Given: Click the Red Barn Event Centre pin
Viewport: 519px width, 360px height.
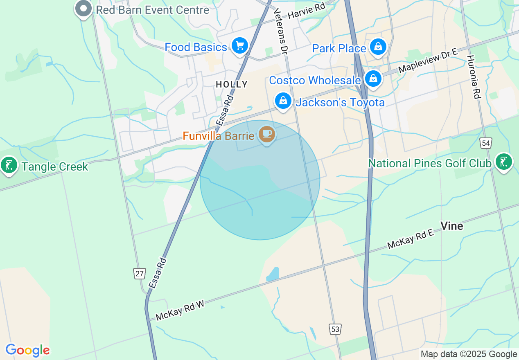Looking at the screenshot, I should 83,9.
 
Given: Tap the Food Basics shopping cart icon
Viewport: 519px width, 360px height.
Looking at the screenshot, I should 240,46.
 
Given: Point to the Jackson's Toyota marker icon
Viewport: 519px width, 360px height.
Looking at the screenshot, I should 283,100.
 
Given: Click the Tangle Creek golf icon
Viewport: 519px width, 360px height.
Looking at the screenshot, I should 9,165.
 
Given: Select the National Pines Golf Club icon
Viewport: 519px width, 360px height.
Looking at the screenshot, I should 504,162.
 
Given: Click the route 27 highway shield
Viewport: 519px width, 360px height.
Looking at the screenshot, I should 140,273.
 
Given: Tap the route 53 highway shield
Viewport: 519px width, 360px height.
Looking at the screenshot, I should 335,329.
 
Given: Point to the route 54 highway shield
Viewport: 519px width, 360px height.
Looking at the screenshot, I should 486,143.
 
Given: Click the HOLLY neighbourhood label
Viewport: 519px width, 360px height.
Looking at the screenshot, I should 232,84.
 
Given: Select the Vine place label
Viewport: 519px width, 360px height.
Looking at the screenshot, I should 452,226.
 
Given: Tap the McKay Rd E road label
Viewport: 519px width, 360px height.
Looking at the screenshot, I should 410,239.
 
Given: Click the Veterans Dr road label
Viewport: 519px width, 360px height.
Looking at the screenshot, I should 281,31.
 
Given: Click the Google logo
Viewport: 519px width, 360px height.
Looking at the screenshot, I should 27,350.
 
